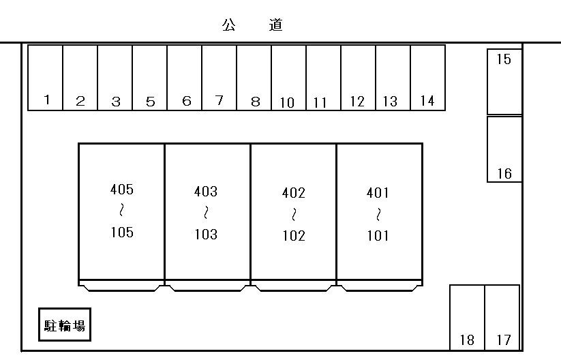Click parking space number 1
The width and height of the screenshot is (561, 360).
click(x=46, y=78)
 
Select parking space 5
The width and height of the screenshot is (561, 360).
click(x=150, y=78)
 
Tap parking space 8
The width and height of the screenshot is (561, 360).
click(x=254, y=78)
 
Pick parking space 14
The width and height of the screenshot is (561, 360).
click(x=428, y=78)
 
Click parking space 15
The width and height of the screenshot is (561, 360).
click(x=504, y=82)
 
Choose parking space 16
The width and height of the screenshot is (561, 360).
click(x=504, y=149)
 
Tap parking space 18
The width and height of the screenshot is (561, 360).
click(x=467, y=318)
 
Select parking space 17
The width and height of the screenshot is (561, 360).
click(x=502, y=318)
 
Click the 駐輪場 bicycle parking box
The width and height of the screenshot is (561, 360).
click(x=65, y=325)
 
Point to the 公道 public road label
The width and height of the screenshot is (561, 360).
click(x=252, y=25)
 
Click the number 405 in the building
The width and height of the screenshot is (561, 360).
click(x=122, y=190)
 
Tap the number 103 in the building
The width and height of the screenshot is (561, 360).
click(x=206, y=235)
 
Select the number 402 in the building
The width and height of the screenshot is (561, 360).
click(x=294, y=193)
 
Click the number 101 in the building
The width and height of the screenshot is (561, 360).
click(x=378, y=236)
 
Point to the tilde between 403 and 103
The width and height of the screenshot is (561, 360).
click(x=206, y=213)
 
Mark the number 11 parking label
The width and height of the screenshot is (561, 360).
click(x=320, y=103)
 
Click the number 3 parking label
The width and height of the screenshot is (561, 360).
click(x=116, y=102)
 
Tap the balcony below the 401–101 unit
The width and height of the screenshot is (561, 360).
click(x=380, y=286)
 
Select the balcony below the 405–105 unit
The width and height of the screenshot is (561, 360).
click(x=121, y=286)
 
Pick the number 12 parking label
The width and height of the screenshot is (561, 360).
click(x=357, y=102)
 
